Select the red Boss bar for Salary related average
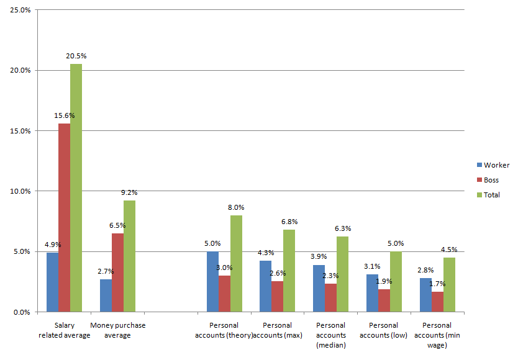64,217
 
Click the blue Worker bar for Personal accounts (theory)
212,281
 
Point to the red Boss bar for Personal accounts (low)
384,300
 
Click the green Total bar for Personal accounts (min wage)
448,284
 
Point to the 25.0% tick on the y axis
20,10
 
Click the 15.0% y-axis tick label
20,131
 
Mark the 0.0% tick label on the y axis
22,312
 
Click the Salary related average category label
65,330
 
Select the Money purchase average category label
117,330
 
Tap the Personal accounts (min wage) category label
437,335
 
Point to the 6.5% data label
115,226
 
